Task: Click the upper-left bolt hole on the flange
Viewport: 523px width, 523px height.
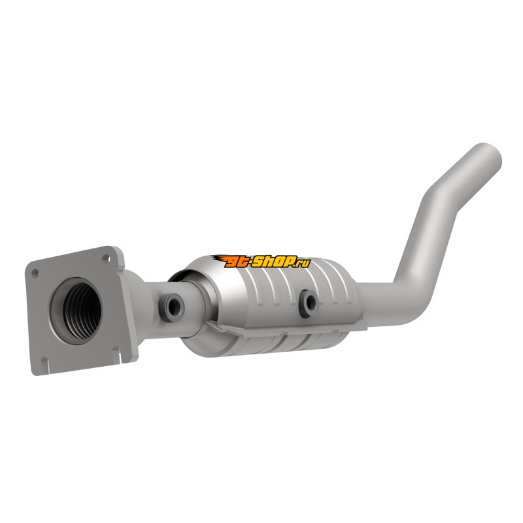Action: (35, 273)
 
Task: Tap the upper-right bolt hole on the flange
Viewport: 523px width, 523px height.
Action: (106, 258)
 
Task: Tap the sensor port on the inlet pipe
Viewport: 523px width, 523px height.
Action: (172, 307)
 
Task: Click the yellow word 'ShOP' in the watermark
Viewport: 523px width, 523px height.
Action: (275, 261)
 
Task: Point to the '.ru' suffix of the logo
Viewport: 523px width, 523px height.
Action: (303, 263)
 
